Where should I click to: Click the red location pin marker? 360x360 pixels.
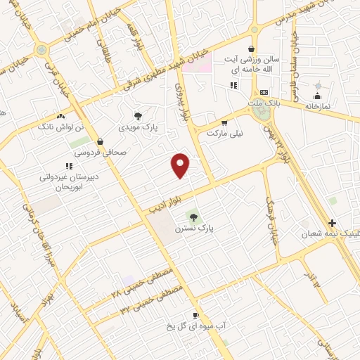(181, 165)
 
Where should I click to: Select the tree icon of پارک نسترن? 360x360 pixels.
(195, 217)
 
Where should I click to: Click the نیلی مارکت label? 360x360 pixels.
(224, 131)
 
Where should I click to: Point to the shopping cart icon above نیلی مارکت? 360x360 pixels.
(224, 121)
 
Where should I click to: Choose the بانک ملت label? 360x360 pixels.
(264, 103)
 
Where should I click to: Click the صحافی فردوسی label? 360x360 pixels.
(100, 151)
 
